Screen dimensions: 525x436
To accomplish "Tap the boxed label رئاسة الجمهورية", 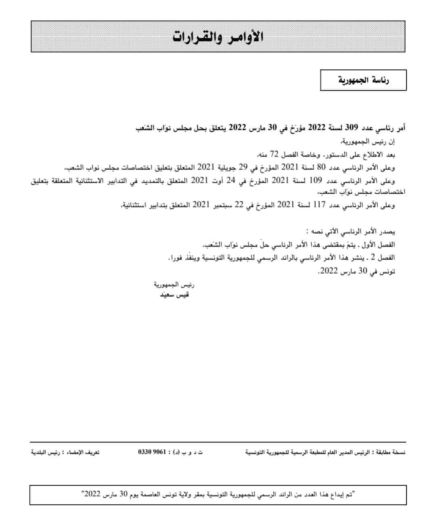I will (x=363, y=80).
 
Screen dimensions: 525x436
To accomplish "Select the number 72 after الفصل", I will (x=274, y=154).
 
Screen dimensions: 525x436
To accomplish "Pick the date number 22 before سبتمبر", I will (x=239, y=205).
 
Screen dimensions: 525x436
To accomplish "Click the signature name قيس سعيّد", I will (x=174, y=295).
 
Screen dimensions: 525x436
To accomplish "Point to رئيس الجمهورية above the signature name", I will (x=174, y=285).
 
